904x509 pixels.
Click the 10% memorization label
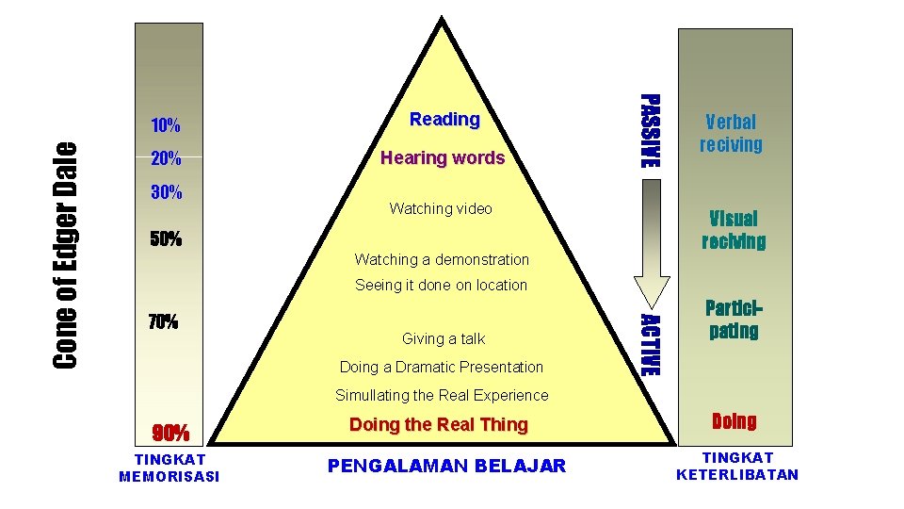tap(167, 125)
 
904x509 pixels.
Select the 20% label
tap(167, 161)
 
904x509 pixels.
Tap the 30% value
tap(167, 193)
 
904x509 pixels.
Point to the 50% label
tap(167, 239)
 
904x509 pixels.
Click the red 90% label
tap(171, 434)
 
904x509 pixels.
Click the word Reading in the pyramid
tap(444, 120)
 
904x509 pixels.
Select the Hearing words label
tap(443, 158)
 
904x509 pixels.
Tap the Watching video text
tap(441, 208)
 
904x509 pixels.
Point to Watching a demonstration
tap(442, 259)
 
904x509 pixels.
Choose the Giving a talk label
tap(444, 338)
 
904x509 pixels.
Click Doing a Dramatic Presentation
tap(442, 367)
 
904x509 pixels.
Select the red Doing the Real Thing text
tap(439, 424)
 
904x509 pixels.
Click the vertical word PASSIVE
tap(651, 131)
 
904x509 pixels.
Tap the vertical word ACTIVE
tap(651, 343)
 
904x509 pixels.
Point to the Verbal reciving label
tap(731, 133)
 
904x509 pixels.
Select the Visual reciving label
tap(734, 230)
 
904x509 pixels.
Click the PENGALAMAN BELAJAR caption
tap(447, 466)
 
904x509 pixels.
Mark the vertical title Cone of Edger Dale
tap(65, 254)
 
